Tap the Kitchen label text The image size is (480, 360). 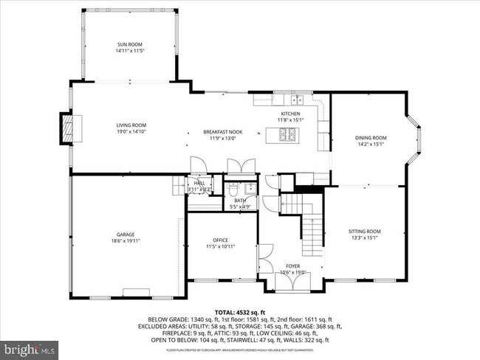(289, 114)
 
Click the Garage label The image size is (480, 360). (104, 235)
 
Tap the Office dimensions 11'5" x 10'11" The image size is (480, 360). (221, 246)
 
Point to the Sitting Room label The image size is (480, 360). (364, 232)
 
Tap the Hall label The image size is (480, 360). (199, 183)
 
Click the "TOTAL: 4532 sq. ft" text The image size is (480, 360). (240, 311)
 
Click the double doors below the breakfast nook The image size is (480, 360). (244, 165)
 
